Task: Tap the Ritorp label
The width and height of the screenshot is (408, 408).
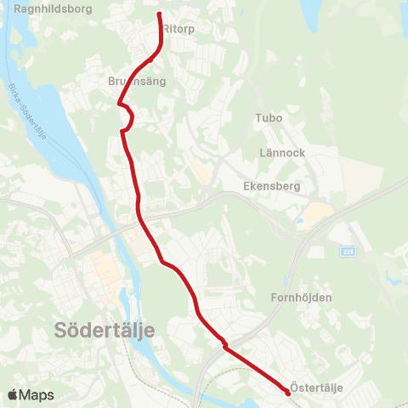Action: pyautogui.click(x=178, y=28)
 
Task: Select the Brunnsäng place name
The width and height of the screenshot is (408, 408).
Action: pyautogui.click(x=137, y=82)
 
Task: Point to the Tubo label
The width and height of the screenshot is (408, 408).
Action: pyautogui.click(x=269, y=118)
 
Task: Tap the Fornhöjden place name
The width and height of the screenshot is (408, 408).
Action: pyautogui.click(x=301, y=297)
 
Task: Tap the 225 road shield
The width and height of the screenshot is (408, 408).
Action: pyautogui.click(x=348, y=252)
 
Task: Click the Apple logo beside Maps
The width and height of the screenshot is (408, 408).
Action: pyautogui.click(x=13, y=395)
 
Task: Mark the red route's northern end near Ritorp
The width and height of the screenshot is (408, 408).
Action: pyautogui.click(x=160, y=14)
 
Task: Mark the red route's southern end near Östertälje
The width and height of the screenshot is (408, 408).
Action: pyautogui.click(x=286, y=392)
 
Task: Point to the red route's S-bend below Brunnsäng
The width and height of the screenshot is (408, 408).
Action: pyautogui.click(x=127, y=119)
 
